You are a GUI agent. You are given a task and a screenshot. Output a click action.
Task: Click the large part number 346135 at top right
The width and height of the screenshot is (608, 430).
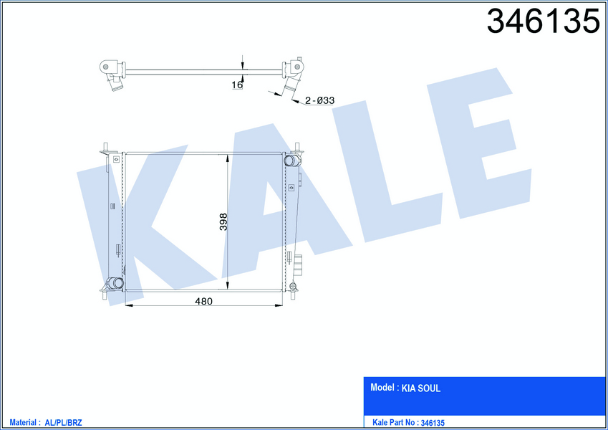(543, 21)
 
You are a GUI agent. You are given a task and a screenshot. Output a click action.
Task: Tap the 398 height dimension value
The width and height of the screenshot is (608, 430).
(223, 221)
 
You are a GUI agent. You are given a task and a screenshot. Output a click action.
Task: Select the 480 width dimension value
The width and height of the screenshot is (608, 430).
(203, 301)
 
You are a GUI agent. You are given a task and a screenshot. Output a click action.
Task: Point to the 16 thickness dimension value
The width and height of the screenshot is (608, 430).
(237, 85)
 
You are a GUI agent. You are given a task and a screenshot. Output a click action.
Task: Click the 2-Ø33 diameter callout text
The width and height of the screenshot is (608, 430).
(319, 100)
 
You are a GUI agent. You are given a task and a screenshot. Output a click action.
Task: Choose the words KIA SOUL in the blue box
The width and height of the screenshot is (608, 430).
(420, 388)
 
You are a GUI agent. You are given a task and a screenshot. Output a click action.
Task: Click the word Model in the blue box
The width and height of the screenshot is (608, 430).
(382, 387)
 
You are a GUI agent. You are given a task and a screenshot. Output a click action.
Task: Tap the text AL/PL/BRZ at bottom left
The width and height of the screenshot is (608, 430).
(63, 423)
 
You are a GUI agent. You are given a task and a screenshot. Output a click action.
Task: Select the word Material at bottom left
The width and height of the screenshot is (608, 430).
(23, 422)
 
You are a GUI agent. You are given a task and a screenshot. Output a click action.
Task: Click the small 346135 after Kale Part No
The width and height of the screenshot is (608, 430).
(433, 423)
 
